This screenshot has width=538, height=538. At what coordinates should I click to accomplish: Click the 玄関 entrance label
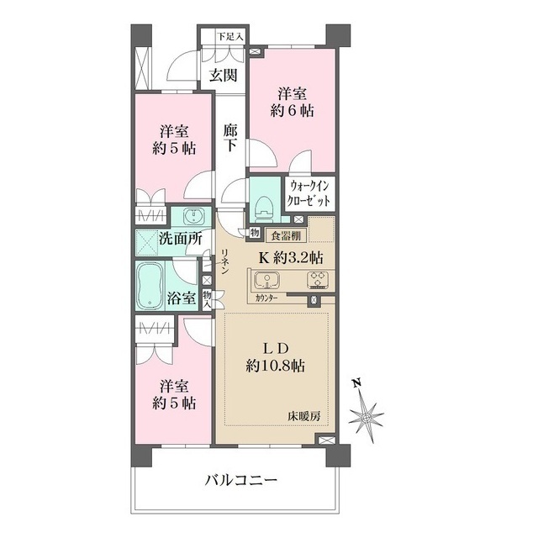[223, 75]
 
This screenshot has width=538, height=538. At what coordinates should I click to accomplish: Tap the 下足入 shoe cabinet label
[229, 36]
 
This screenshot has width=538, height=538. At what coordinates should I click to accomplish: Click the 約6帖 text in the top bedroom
[293, 110]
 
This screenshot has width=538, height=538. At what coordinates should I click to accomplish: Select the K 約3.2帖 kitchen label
[296, 256]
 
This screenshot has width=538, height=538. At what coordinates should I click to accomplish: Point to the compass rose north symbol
[368, 415]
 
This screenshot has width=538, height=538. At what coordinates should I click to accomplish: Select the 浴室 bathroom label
[181, 298]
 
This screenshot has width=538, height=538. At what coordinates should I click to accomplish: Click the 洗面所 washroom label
[182, 238]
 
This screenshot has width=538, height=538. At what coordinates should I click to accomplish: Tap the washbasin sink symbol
[192, 214]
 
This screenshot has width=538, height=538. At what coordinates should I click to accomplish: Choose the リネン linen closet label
[225, 265]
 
